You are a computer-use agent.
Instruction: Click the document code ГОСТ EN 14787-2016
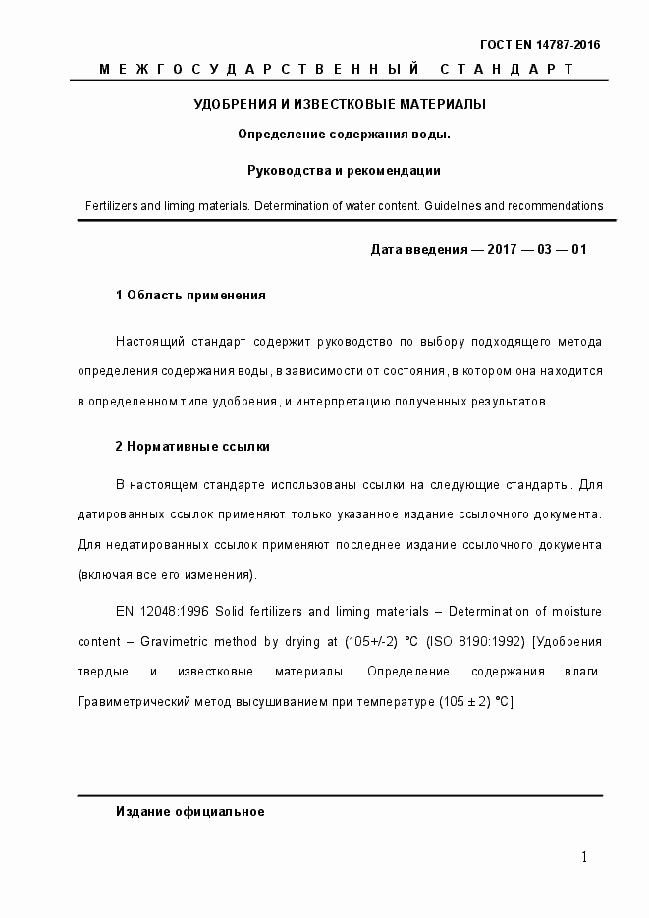pyautogui.click(x=539, y=45)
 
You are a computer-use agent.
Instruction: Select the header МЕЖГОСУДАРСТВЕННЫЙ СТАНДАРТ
pyautogui.click(x=337, y=69)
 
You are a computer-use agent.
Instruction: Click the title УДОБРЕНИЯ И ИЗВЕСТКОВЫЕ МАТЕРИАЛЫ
pyautogui.click(x=339, y=104)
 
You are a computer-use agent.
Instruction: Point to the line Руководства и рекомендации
pyautogui.click(x=344, y=170)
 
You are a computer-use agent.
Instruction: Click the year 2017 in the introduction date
pyautogui.click(x=504, y=249)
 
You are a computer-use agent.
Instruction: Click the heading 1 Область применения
pyautogui.click(x=190, y=295)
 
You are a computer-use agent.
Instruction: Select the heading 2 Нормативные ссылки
pyautogui.click(x=192, y=446)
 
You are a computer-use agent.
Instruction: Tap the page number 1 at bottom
pyautogui.click(x=584, y=858)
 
